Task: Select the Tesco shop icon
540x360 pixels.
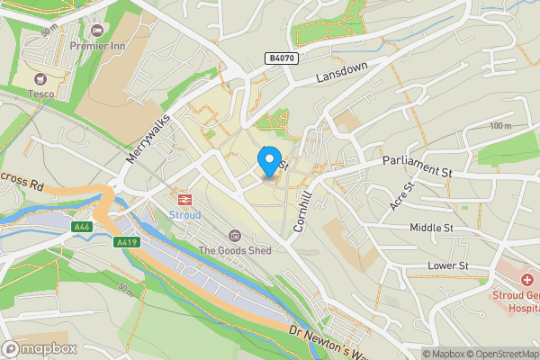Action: pyautogui.click(x=39, y=80)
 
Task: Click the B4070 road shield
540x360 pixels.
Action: pyautogui.click(x=281, y=58)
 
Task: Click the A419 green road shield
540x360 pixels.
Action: pyautogui.click(x=127, y=242)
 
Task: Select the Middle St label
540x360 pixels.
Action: pyautogui.click(x=431, y=229)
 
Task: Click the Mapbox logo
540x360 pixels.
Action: pyautogui.click(x=40, y=348)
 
